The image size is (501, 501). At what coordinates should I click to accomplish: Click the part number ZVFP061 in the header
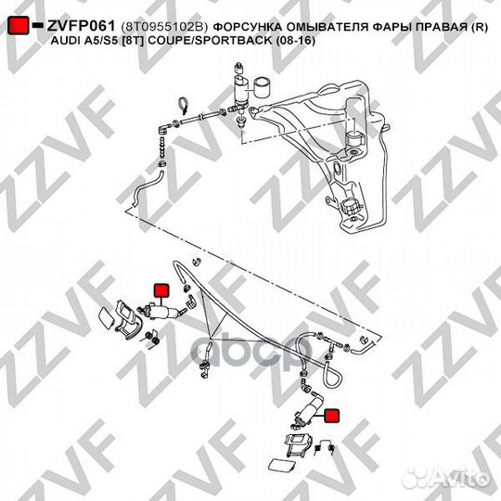[x=81, y=26]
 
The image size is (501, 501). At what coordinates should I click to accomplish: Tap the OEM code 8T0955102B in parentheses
[x=164, y=27]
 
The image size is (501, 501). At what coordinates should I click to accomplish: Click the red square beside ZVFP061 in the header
[x=19, y=26]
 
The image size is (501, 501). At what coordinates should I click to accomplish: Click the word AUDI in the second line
[x=64, y=41]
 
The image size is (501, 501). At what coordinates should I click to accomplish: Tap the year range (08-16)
[x=295, y=41]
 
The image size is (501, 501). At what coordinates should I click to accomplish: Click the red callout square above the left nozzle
[x=161, y=290]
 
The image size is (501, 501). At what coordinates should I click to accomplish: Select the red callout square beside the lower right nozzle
[x=332, y=416]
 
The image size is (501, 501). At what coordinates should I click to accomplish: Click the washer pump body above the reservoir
[x=242, y=90]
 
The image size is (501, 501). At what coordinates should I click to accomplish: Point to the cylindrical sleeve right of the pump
[x=263, y=87]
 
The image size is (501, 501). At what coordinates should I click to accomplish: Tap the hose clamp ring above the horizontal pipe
[x=183, y=105]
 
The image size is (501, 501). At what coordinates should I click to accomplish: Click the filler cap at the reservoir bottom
[x=351, y=208]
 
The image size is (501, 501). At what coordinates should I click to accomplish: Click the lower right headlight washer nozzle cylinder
[x=308, y=412]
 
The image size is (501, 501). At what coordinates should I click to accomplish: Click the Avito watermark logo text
[x=447, y=479]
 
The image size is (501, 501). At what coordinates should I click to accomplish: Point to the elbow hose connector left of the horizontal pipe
[x=164, y=129]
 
